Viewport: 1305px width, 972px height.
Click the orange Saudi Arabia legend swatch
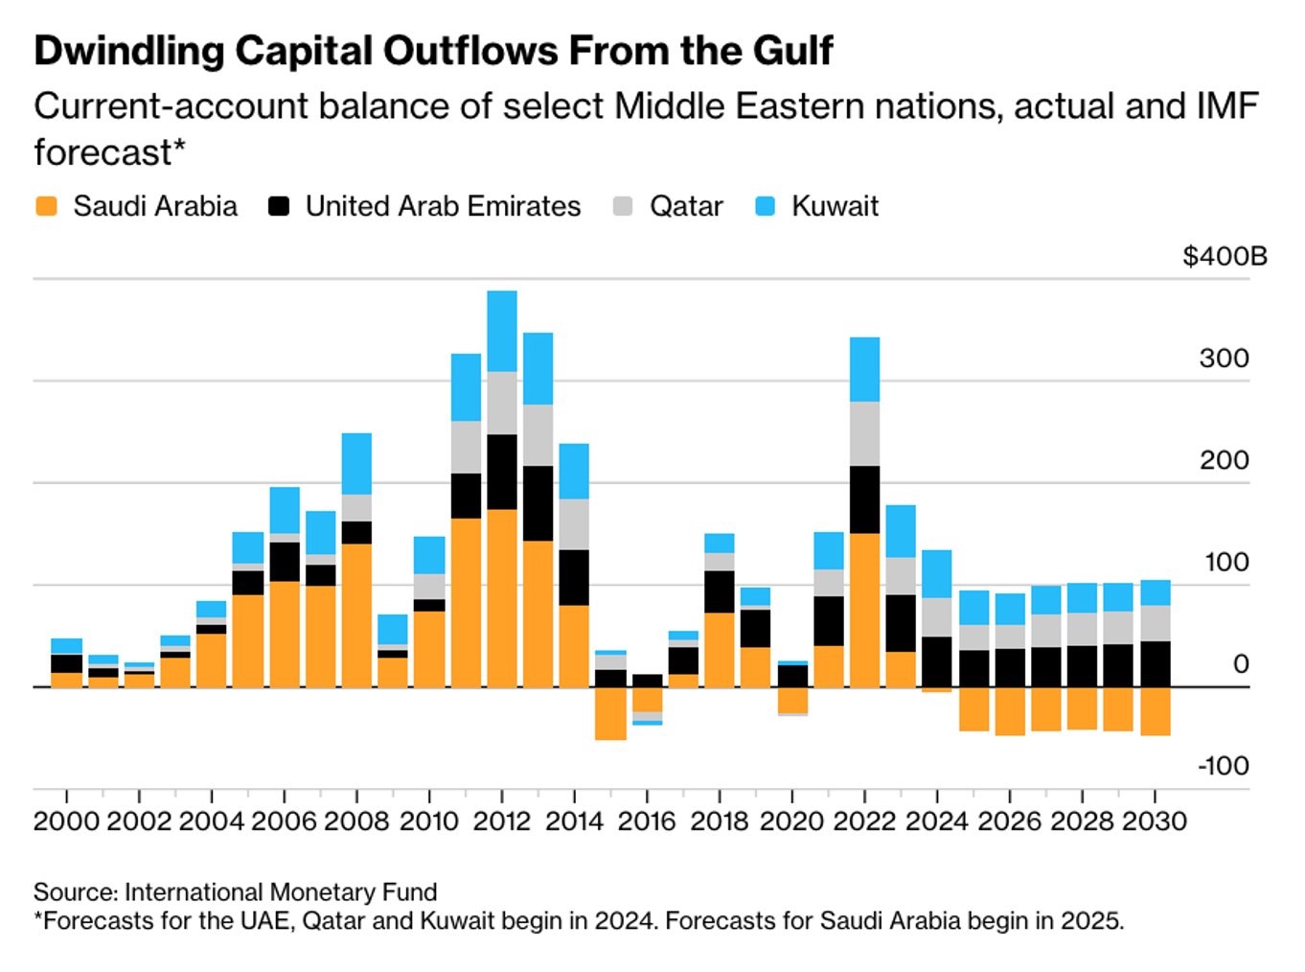(45, 206)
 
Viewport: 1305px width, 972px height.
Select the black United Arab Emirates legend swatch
(279, 206)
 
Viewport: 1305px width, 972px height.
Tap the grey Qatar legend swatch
(623, 206)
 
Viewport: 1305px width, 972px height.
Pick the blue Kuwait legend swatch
(765, 206)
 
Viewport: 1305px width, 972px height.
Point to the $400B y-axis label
(1225, 257)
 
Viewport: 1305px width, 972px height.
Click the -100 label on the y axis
(1224, 766)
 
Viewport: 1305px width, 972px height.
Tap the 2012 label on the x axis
(502, 822)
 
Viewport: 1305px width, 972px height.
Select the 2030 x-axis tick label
(1154, 822)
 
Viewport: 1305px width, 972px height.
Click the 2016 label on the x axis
(647, 822)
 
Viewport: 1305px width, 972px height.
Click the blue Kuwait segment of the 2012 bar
(502, 331)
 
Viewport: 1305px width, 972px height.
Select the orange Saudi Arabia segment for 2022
(864, 610)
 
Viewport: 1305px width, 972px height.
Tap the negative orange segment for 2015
(610, 713)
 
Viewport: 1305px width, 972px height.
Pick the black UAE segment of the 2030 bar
(1155, 663)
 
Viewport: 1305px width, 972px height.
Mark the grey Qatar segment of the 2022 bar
(864, 433)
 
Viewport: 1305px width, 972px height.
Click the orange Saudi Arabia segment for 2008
(356, 615)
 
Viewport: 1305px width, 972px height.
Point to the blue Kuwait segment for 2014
(574, 471)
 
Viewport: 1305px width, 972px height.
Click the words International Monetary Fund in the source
(281, 892)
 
